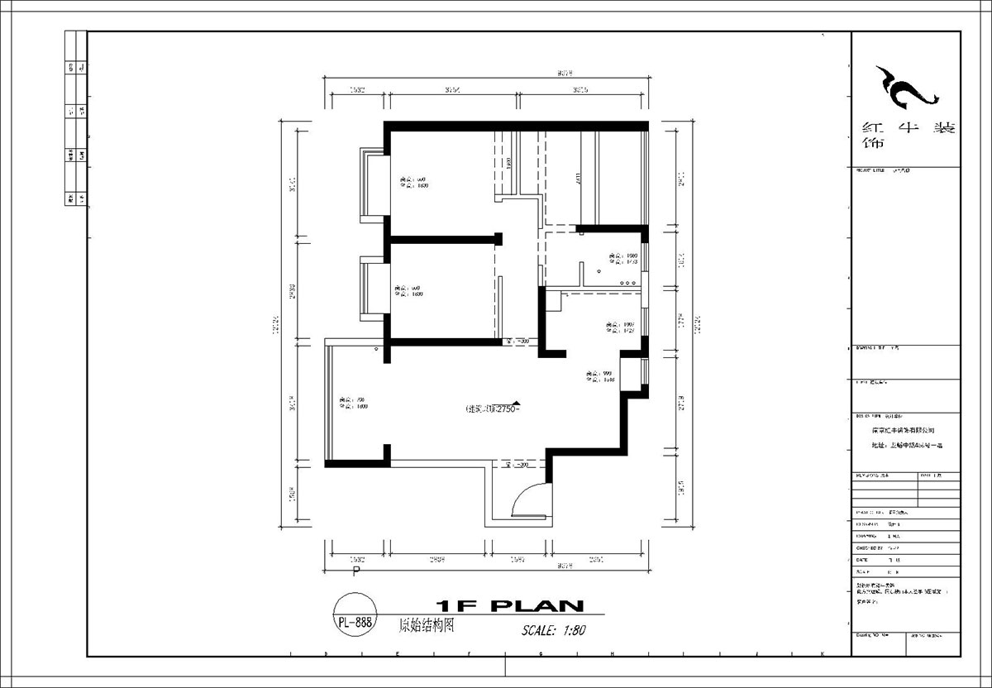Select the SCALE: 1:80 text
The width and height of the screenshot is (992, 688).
click(x=553, y=630)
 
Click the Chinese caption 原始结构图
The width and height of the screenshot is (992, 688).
click(x=427, y=626)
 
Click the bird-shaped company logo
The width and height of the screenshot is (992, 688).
click(x=906, y=89)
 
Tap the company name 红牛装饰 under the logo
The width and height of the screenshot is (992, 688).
click(x=907, y=135)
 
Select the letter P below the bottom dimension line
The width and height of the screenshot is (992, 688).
click(x=356, y=571)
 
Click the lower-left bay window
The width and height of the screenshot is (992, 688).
click(x=370, y=289)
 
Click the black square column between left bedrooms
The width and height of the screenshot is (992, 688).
click(x=498, y=238)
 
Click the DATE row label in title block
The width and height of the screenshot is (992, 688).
click(x=863, y=559)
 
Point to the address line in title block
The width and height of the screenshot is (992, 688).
click(x=907, y=445)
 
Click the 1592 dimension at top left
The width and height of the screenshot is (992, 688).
click(x=357, y=89)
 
